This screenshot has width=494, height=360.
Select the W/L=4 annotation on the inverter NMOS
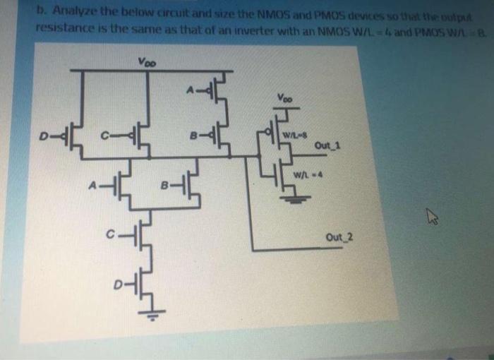coord(301,174)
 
